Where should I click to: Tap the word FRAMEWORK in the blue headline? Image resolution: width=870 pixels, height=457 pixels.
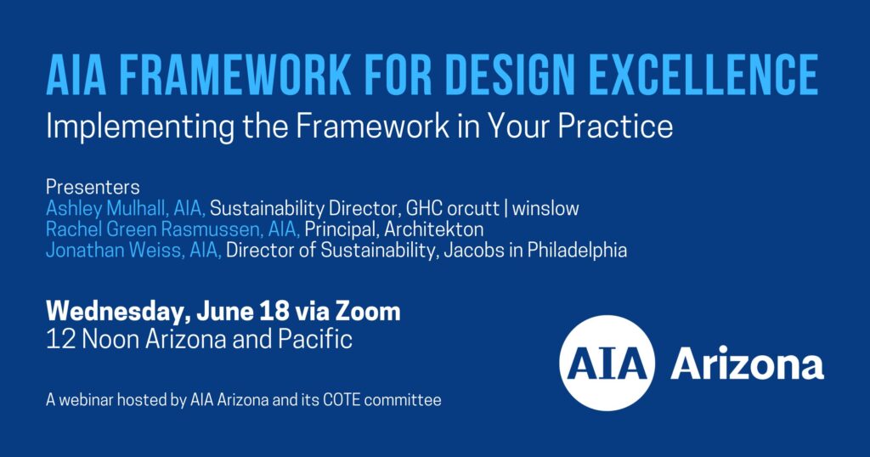pos(235,74)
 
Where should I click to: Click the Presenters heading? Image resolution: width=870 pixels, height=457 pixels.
pos(93,187)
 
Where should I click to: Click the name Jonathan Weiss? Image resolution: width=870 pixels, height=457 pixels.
pos(115,250)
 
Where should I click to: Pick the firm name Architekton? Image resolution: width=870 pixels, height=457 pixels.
pos(434,229)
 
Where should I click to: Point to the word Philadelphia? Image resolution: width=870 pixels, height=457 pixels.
pos(577,251)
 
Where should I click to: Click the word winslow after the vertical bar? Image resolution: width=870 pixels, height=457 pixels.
pos(545,208)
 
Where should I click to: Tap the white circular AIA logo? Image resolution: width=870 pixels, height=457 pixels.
pos(607,364)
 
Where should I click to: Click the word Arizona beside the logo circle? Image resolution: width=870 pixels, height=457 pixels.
pos(748,365)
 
